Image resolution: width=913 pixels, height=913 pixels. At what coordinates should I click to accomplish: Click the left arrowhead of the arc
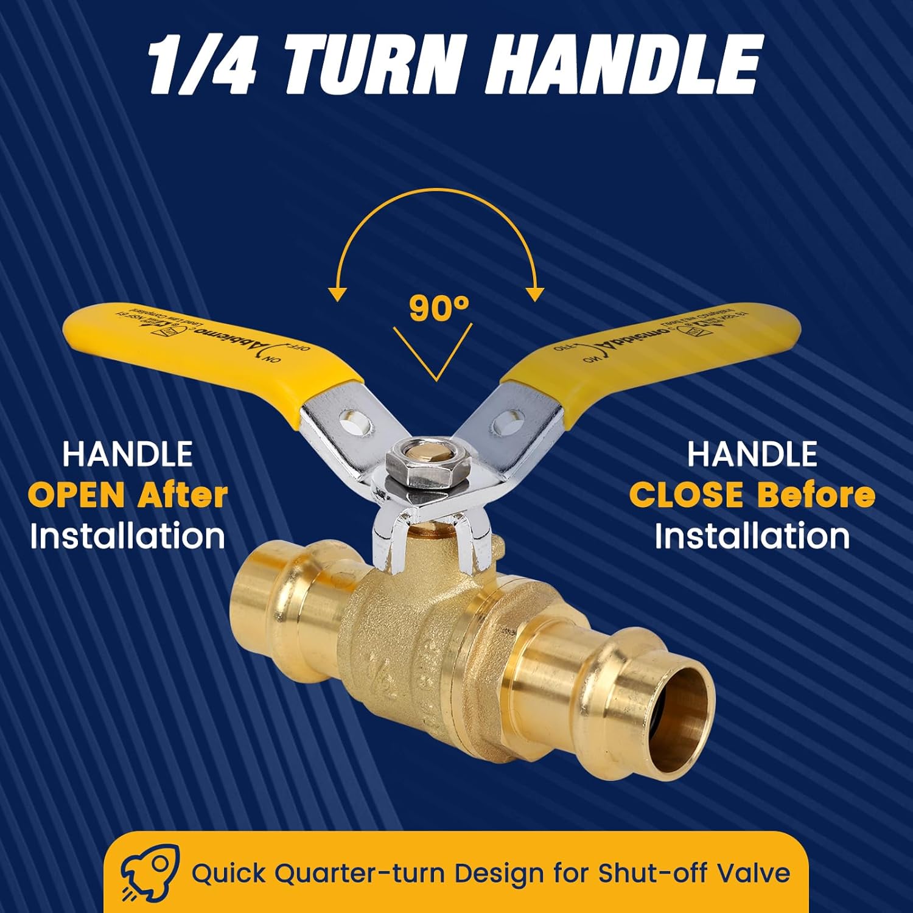tap(337, 293)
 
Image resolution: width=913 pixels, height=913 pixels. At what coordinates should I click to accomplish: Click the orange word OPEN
tap(77, 495)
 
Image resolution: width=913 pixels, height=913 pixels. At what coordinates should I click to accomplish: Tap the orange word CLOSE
tap(686, 495)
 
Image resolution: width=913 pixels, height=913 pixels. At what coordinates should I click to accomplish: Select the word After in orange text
tap(183, 495)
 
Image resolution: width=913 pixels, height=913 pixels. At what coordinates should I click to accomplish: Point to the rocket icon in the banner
tap(149, 872)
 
